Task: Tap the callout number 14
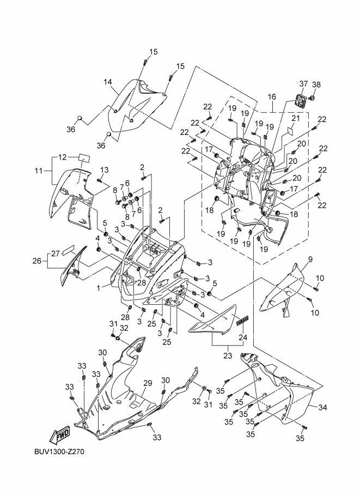pyautogui.click(x=108, y=82)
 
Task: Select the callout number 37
pyautogui.click(x=304, y=84)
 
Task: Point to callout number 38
pyautogui.click(x=316, y=84)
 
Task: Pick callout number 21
pyautogui.click(x=296, y=119)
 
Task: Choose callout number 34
pyautogui.click(x=322, y=407)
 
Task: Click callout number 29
pyautogui.click(x=147, y=384)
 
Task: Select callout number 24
pyautogui.click(x=243, y=337)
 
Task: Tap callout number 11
pyautogui.click(x=38, y=171)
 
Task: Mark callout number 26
pyautogui.click(x=37, y=261)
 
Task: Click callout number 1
pyautogui.click(x=99, y=286)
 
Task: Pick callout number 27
pyautogui.click(x=54, y=253)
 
